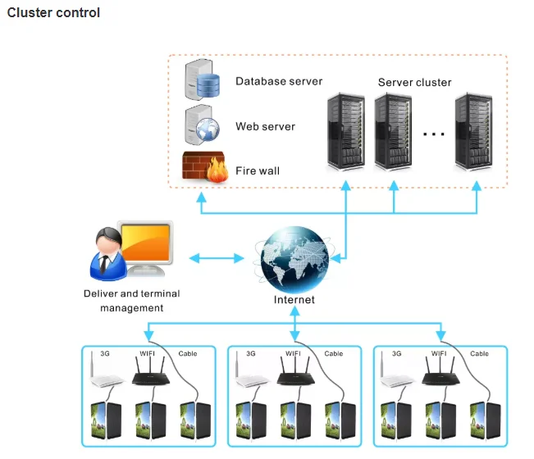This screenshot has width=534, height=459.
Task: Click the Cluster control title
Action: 53,13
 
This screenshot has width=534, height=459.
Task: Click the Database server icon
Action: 202,80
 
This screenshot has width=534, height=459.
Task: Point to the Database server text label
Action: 279,81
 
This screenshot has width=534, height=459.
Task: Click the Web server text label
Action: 265,126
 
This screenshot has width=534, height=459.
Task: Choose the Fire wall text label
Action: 258,170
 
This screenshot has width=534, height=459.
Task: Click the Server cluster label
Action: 414,83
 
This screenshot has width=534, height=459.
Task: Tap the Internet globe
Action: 294,259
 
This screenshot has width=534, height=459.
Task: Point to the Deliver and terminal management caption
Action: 132,301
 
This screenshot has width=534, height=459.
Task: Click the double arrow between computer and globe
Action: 217,259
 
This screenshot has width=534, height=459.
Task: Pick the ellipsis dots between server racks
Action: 433,133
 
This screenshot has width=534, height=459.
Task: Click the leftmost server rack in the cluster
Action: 345,131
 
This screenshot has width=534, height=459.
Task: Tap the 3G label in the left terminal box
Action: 105,354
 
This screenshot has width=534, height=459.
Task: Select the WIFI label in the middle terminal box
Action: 293,354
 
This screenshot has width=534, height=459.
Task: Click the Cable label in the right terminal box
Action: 479,354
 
